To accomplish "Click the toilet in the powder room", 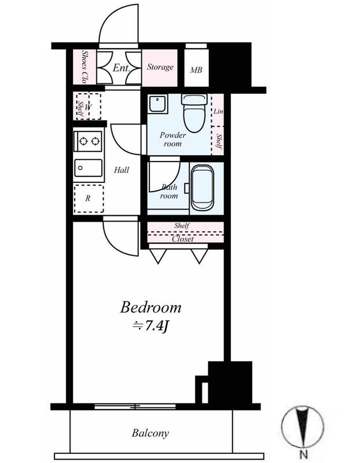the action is (x=194, y=113).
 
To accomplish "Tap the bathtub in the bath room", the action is (x=203, y=188).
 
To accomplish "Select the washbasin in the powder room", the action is (x=157, y=104).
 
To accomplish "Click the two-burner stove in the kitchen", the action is (x=89, y=141).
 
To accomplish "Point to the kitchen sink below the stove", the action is (x=89, y=168).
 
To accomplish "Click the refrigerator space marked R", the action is (x=89, y=199).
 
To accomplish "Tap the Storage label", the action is (x=160, y=67).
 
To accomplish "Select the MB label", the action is (x=196, y=70).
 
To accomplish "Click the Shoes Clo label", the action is (x=85, y=67).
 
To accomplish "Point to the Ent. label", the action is (x=122, y=68).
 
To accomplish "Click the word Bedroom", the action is (x=150, y=307).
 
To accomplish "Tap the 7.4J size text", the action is (x=150, y=326).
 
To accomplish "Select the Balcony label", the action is (x=150, y=433).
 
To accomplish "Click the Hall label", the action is (x=122, y=170).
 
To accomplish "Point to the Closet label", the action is (x=183, y=239).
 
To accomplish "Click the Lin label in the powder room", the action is (x=218, y=111).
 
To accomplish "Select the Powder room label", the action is (x=172, y=139).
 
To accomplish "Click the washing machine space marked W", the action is (x=88, y=106).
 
